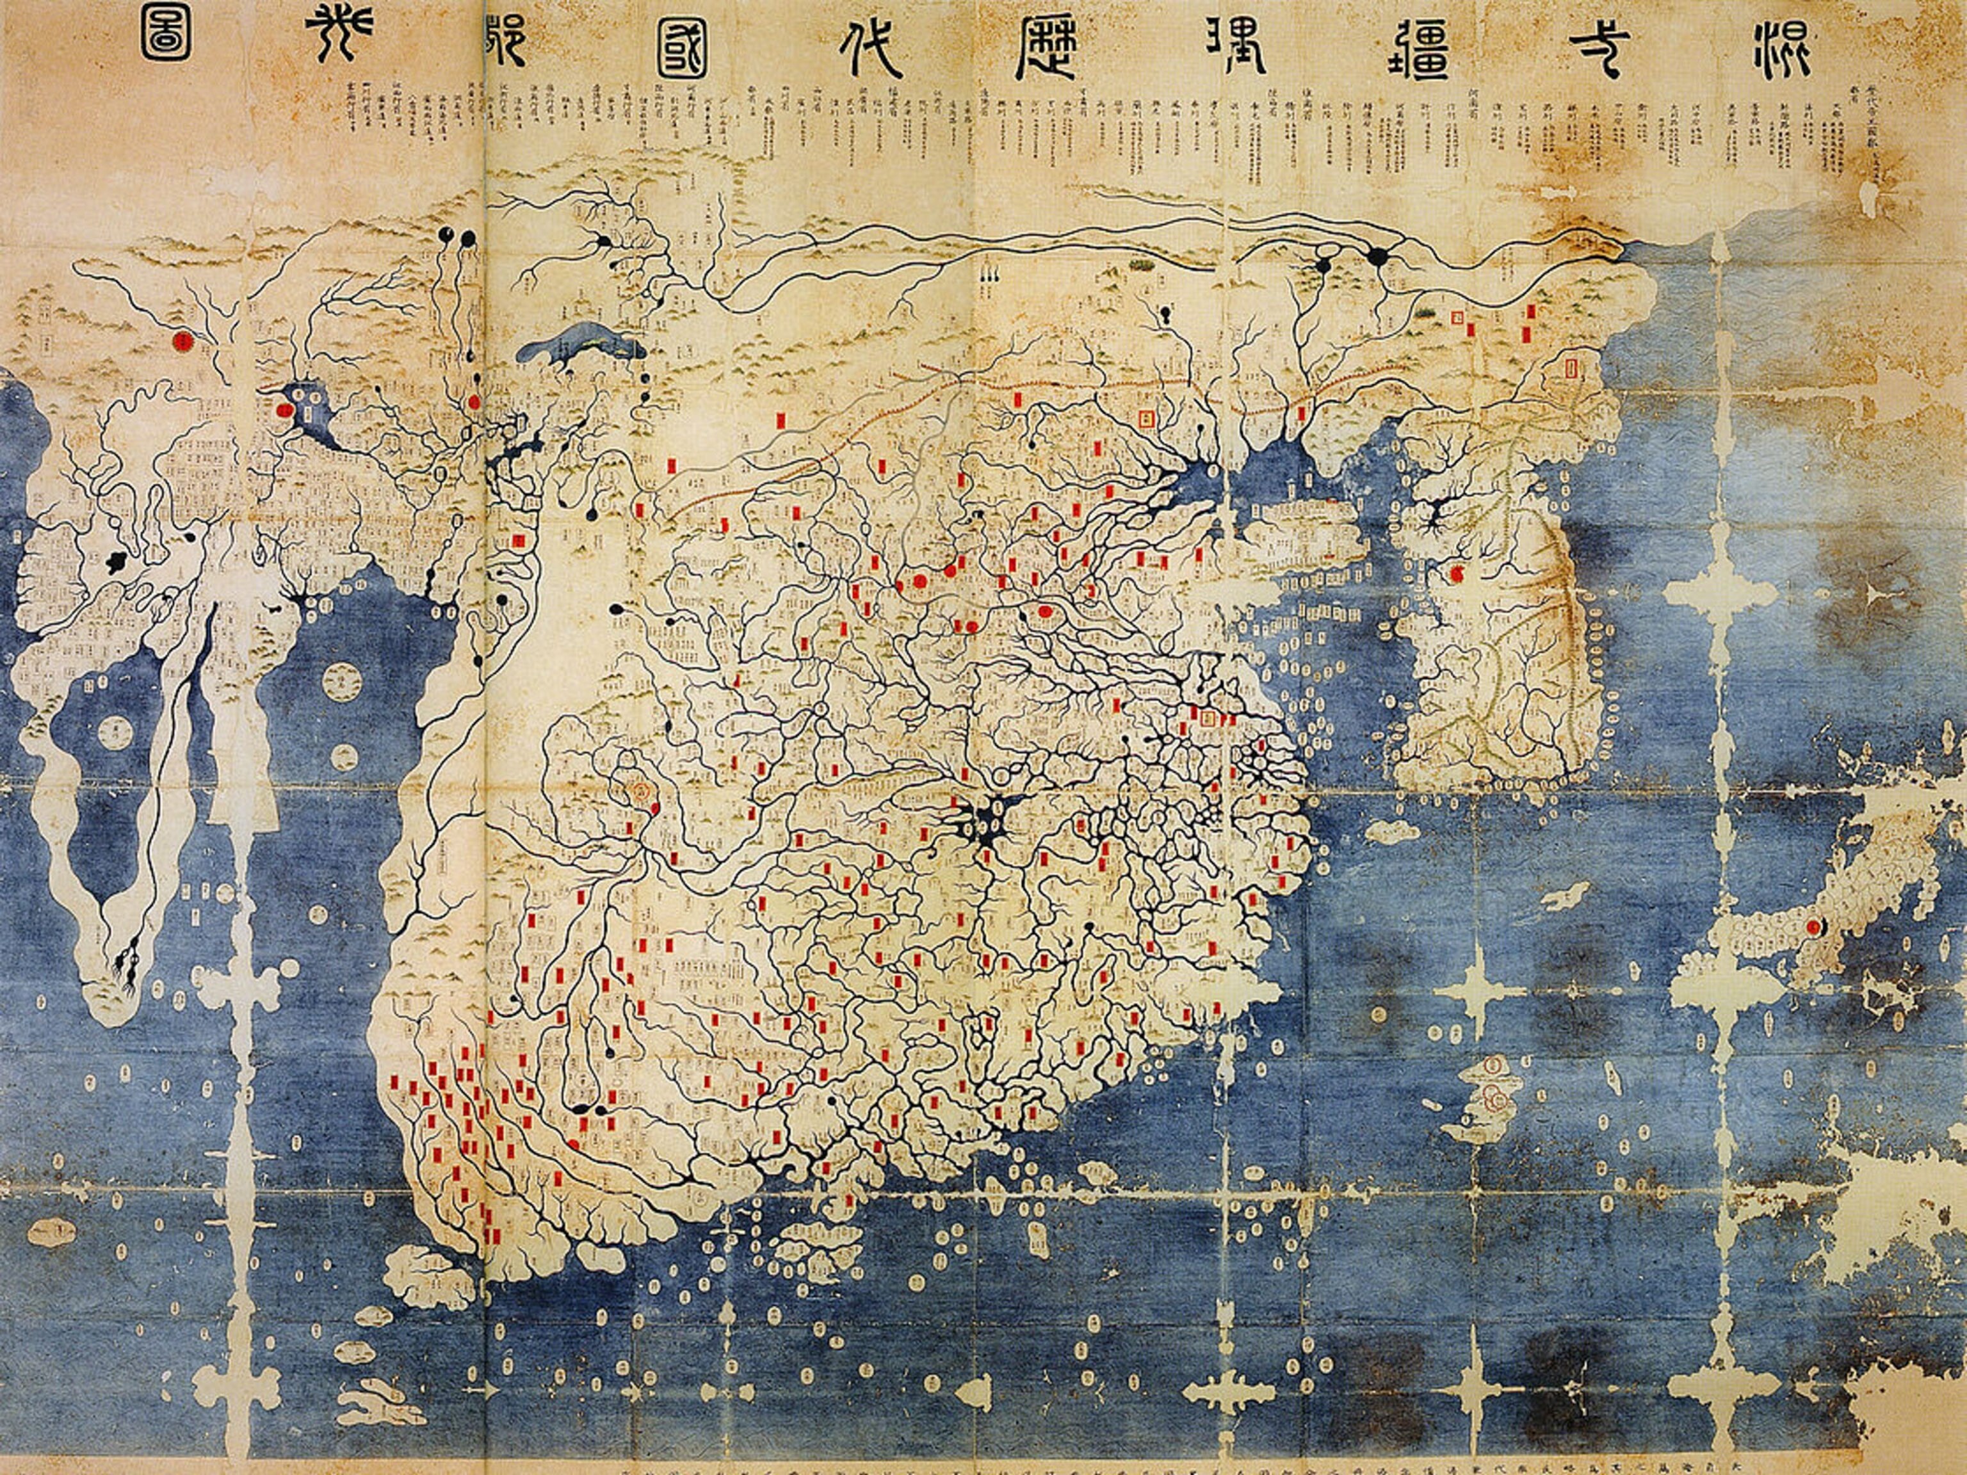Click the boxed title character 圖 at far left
(x=165, y=36)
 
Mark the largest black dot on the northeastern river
(x=1377, y=256)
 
